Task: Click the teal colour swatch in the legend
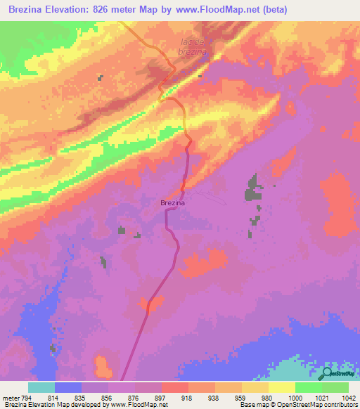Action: (41, 387)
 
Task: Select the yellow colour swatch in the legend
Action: (281, 387)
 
